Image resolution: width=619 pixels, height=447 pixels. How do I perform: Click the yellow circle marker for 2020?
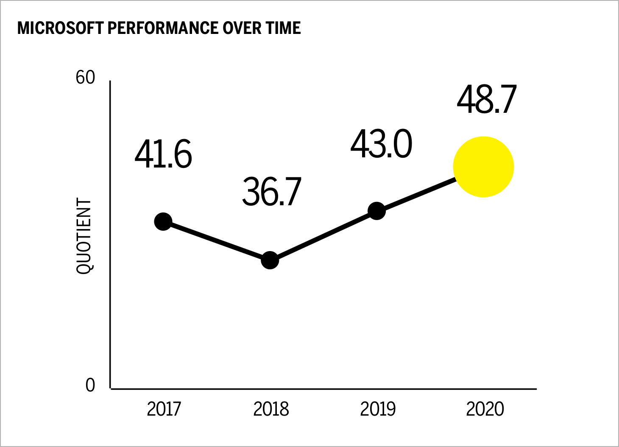tap(483, 167)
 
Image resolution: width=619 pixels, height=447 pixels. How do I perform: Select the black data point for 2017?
tap(163, 221)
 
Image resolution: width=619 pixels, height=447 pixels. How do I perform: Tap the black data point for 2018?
tap(270, 260)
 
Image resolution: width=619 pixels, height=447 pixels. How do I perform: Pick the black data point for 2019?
tap(377, 211)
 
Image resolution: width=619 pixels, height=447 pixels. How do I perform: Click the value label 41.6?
tap(163, 154)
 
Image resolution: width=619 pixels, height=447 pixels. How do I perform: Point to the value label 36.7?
tap(271, 192)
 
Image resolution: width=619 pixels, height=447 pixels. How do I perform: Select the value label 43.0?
tap(381, 144)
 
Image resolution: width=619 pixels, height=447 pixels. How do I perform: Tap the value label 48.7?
tap(486, 100)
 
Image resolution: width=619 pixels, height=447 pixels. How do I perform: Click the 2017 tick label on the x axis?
tap(164, 409)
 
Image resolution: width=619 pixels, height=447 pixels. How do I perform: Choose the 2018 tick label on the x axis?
tap(271, 409)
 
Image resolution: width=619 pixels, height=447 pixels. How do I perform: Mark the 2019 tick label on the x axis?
tap(378, 409)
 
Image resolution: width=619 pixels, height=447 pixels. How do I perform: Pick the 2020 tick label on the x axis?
tap(485, 409)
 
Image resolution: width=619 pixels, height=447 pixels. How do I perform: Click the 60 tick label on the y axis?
tap(85, 78)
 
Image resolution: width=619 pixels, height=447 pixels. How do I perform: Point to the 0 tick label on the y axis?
tap(90, 386)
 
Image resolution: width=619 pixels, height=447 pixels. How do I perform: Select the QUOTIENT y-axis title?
tap(84, 236)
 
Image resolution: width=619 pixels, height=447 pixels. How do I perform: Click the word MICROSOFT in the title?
tap(60, 28)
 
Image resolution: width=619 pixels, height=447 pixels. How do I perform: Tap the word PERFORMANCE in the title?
tap(163, 28)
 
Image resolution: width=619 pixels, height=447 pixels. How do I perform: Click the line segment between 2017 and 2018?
tap(217, 241)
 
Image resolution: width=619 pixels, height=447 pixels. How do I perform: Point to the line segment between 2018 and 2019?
tap(323, 235)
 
